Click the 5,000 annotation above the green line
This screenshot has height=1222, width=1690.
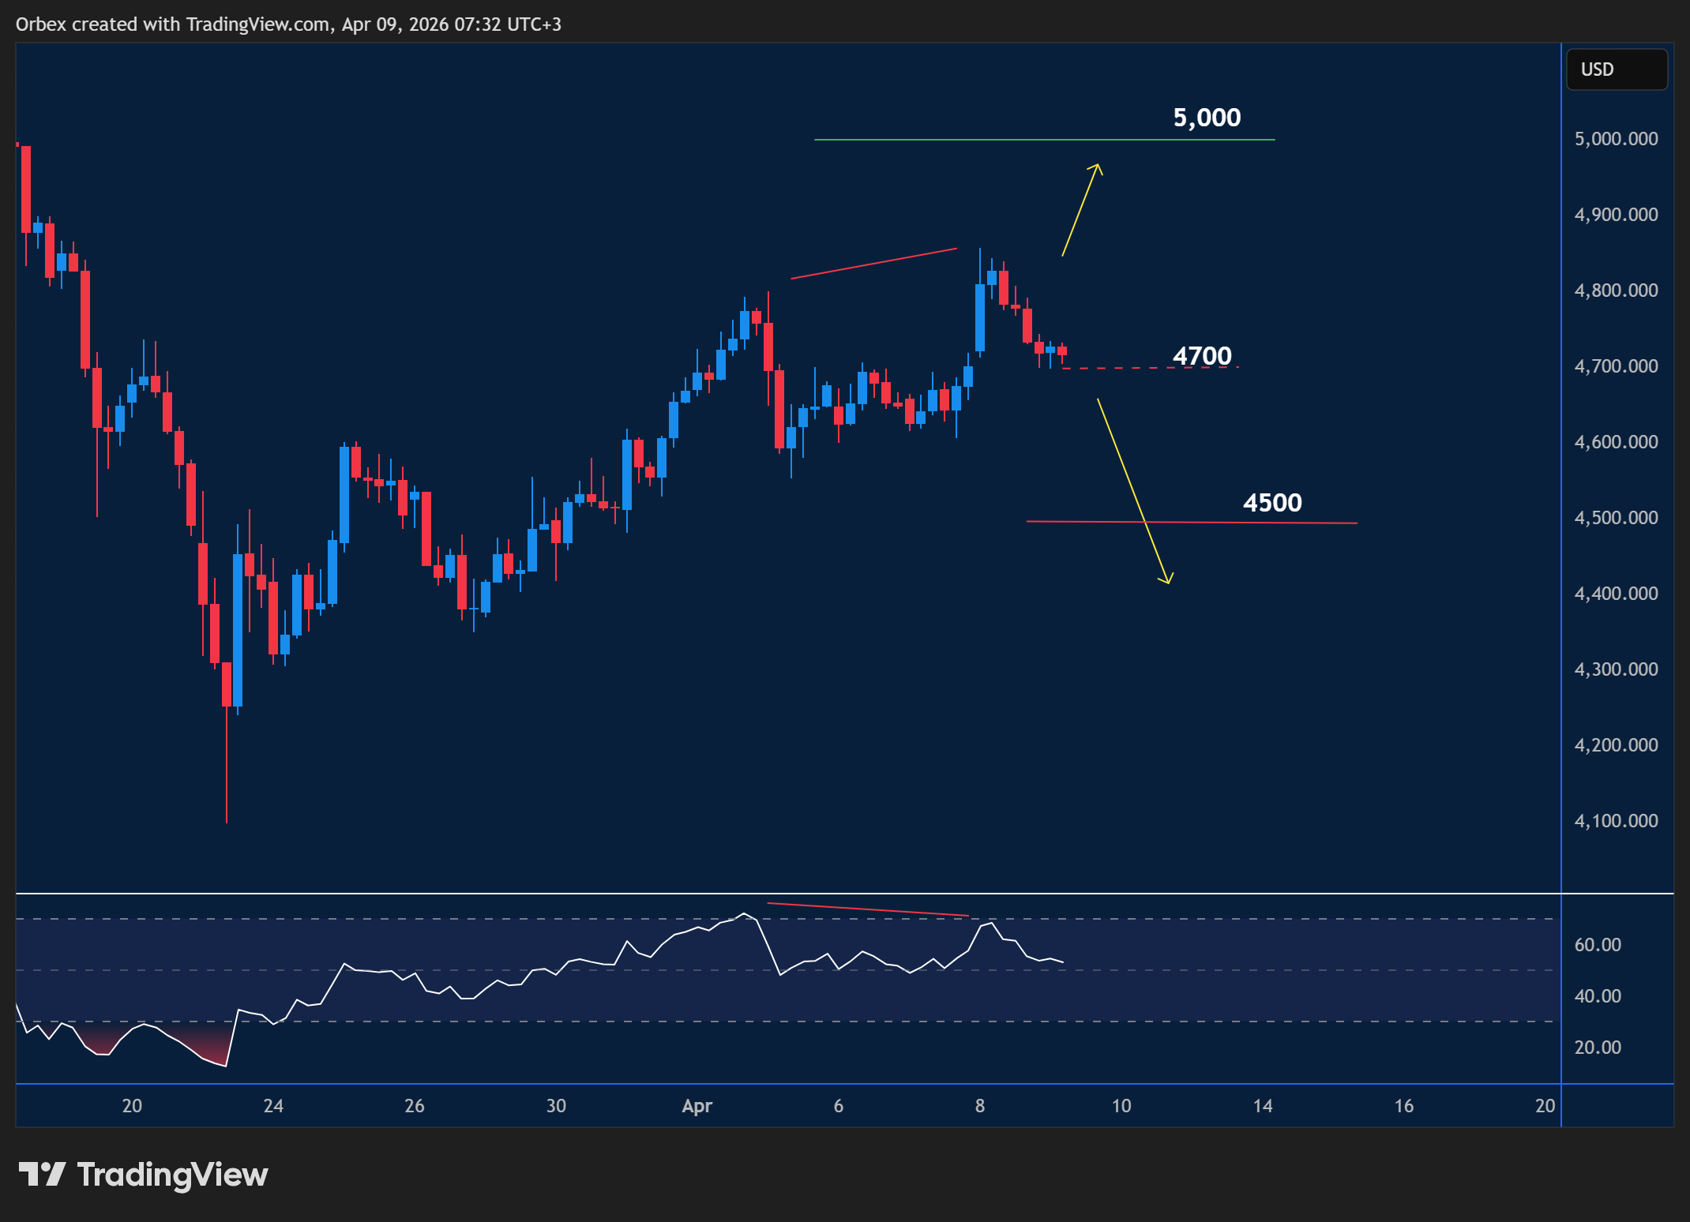point(1207,118)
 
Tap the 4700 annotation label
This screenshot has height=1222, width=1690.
point(1202,356)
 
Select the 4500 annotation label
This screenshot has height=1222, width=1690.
point(1272,503)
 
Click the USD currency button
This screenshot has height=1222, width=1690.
point(1617,69)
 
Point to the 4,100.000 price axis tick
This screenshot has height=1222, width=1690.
point(1616,821)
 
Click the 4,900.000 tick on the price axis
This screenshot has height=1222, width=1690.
point(1616,215)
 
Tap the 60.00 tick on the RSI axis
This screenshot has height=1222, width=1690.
point(1597,945)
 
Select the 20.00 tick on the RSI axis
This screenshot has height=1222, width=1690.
point(1597,1048)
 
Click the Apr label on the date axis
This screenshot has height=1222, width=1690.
point(697,1106)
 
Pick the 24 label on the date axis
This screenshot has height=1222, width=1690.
point(273,1106)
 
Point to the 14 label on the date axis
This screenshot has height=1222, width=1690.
point(1262,1106)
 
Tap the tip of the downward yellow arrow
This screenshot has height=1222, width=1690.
point(1167,583)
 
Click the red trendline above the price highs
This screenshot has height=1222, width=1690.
point(873,264)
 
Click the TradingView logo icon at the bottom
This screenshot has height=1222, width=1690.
point(42,1174)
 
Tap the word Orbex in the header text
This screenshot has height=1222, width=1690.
point(41,24)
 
